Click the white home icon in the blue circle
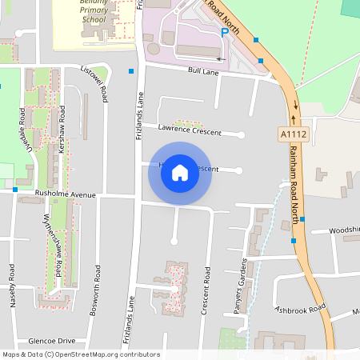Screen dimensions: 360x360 (180, 172)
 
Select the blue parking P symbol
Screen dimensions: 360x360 (224, 33)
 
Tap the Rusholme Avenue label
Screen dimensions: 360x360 (66, 194)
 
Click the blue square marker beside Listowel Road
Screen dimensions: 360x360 (131, 72)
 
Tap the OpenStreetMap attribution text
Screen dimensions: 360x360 (80, 354)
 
